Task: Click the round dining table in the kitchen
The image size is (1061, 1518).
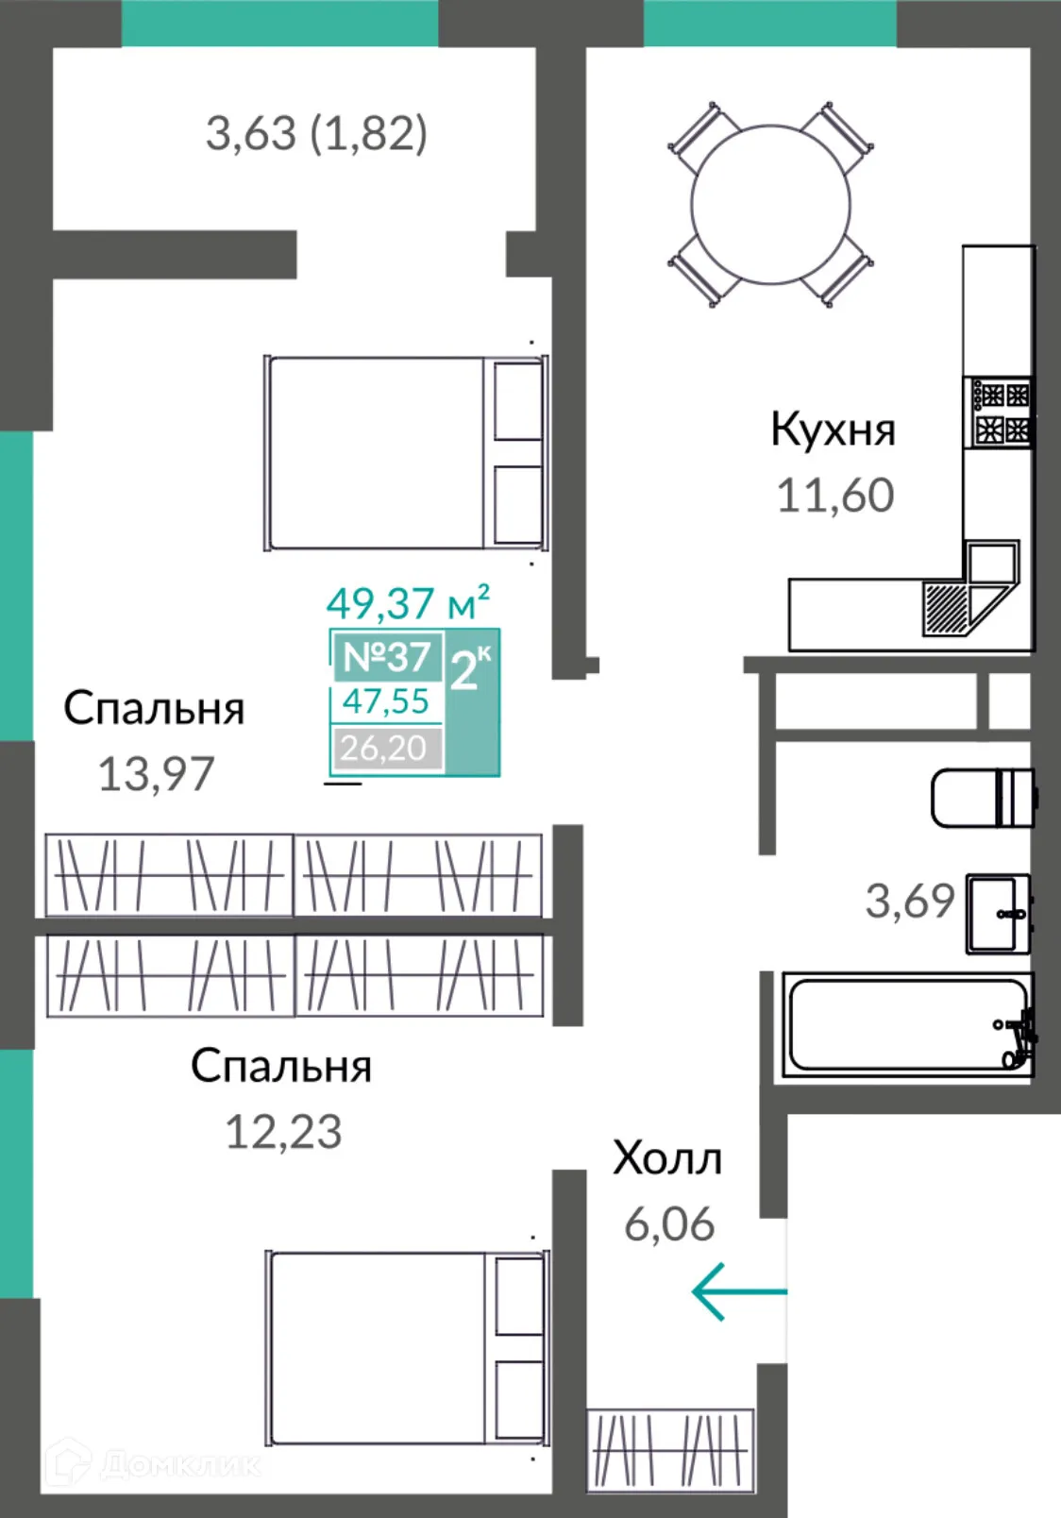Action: (x=769, y=204)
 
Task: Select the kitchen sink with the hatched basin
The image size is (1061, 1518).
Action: (x=947, y=605)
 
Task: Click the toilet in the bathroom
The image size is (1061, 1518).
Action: (x=982, y=798)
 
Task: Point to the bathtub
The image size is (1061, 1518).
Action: (x=906, y=1025)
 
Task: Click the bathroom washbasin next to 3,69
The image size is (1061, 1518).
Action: (x=997, y=914)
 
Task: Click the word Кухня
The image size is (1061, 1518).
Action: (x=833, y=430)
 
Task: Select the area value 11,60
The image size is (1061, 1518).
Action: (x=834, y=496)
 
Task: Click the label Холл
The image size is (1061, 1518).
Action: (x=667, y=1158)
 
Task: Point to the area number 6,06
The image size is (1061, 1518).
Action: (x=669, y=1224)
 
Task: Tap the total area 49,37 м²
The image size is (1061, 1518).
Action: (x=408, y=602)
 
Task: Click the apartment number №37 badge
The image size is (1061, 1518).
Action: (x=387, y=656)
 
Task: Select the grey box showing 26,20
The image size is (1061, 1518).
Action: (x=385, y=748)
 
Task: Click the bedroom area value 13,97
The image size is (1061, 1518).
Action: (x=157, y=774)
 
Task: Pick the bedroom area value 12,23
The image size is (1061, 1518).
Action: (x=283, y=1131)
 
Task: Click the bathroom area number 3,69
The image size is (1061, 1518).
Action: (x=910, y=902)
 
